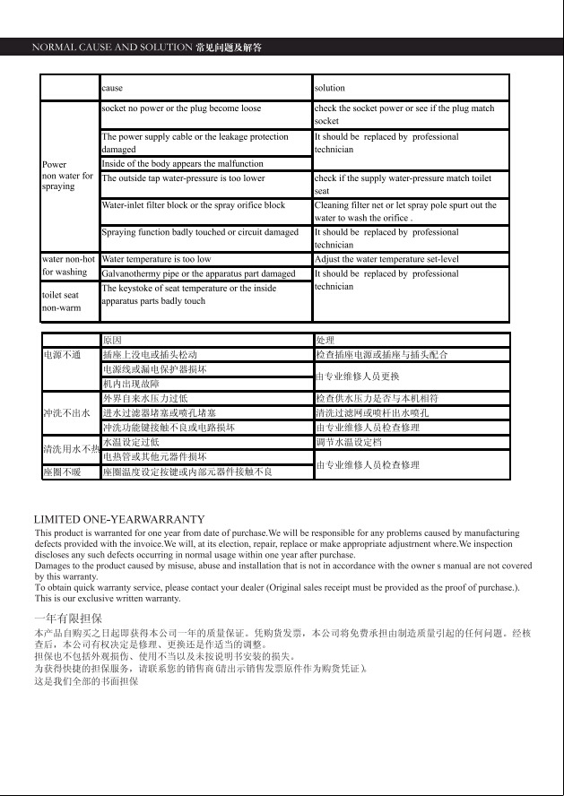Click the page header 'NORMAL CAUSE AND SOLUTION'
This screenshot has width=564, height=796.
(x=112, y=47)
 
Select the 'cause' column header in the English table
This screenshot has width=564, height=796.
(x=112, y=88)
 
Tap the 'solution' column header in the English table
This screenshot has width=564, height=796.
(x=329, y=88)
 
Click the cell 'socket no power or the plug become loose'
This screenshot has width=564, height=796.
(x=182, y=108)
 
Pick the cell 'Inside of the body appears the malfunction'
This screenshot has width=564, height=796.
(x=183, y=164)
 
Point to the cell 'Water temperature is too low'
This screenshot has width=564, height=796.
(x=157, y=259)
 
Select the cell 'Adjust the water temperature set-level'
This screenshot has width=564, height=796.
(x=386, y=259)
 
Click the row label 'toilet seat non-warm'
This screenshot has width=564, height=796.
(x=61, y=301)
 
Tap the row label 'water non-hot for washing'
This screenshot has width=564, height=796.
(x=67, y=265)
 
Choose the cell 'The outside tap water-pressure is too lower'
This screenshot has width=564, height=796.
(x=184, y=178)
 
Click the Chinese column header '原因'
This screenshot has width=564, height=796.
(x=112, y=341)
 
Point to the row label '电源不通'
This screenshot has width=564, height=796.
(x=63, y=355)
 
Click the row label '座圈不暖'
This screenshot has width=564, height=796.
(x=62, y=472)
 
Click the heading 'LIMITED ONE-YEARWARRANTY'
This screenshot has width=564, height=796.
(x=119, y=520)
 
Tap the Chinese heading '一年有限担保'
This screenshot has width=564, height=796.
(x=67, y=619)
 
